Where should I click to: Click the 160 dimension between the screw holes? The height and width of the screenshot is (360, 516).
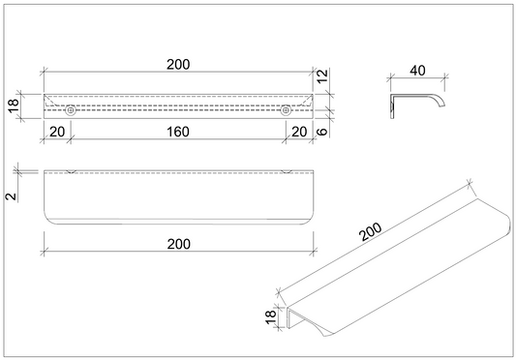pyautogui.click(x=178, y=132)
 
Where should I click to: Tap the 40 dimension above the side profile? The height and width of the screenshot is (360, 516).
pyautogui.click(x=417, y=71)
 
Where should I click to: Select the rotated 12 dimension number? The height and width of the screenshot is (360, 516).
pyautogui.click(x=322, y=76)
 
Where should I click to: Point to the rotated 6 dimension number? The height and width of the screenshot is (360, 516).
pyautogui.click(x=322, y=132)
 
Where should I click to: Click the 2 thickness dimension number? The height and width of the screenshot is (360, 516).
pyautogui.click(x=12, y=196)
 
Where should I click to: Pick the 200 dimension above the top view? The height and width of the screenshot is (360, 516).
pyautogui.click(x=178, y=65)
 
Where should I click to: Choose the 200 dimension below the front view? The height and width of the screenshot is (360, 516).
pyautogui.click(x=179, y=244)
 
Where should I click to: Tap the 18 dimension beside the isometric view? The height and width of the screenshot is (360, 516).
pyautogui.click(x=270, y=317)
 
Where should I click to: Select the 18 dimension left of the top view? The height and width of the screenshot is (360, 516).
pyautogui.click(x=15, y=105)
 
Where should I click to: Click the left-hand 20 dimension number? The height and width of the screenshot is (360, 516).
pyautogui.click(x=57, y=132)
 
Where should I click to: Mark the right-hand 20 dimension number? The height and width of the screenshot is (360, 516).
pyautogui.click(x=299, y=132)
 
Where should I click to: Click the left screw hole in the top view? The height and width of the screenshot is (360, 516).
pyautogui.click(x=70, y=110)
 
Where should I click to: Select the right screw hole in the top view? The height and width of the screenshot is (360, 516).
pyautogui.click(x=286, y=110)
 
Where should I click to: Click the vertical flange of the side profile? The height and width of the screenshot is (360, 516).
pyautogui.click(x=392, y=106)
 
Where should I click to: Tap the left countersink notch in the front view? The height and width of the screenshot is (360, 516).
pyautogui.click(x=71, y=171)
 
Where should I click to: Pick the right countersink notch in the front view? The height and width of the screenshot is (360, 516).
pyautogui.click(x=287, y=171)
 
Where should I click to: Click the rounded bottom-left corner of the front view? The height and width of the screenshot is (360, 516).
pyautogui.click(x=48, y=220)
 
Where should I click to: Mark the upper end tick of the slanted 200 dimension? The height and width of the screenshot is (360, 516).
pyautogui.click(x=470, y=184)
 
